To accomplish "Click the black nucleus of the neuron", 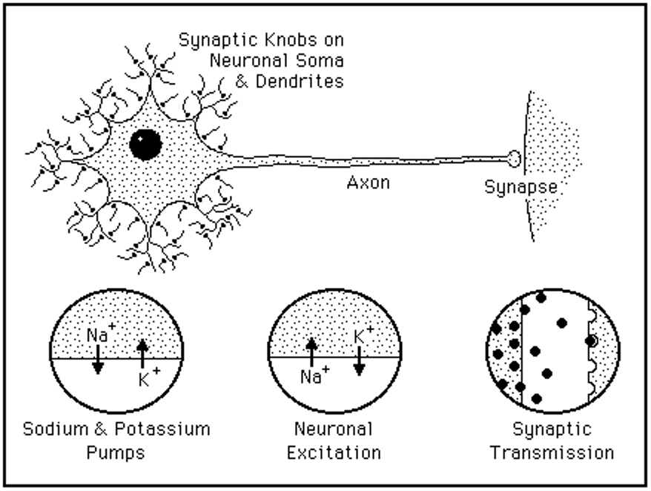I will click(145, 144).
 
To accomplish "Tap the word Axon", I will click(368, 182).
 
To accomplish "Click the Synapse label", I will click(521, 187).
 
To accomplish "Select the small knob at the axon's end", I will click(514, 158).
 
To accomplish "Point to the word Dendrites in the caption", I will click(300, 82).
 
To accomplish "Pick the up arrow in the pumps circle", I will click(142, 352).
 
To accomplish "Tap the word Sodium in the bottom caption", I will click(52, 429).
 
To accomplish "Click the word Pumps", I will click(116, 452).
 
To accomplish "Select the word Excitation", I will click(334, 452).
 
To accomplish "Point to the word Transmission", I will click(552, 452).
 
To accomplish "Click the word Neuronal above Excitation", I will click(334, 429).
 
